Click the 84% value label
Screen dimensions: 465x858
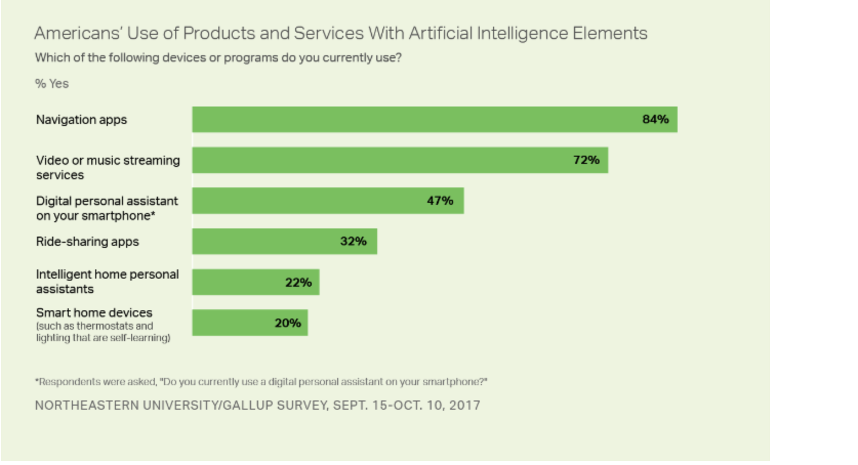(x=655, y=119)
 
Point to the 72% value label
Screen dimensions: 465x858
(x=586, y=160)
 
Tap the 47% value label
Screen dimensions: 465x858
(x=440, y=201)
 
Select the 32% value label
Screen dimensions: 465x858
(x=353, y=241)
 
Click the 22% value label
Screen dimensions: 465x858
(x=298, y=282)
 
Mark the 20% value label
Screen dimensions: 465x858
(x=288, y=323)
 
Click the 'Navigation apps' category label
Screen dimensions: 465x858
(x=81, y=120)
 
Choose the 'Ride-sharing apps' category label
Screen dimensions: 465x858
(x=87, y=242)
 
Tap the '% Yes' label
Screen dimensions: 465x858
(x=52, y=84)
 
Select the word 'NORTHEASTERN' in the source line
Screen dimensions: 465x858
(x=87, y=406)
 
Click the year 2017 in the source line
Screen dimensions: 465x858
(x=464, y=406)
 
